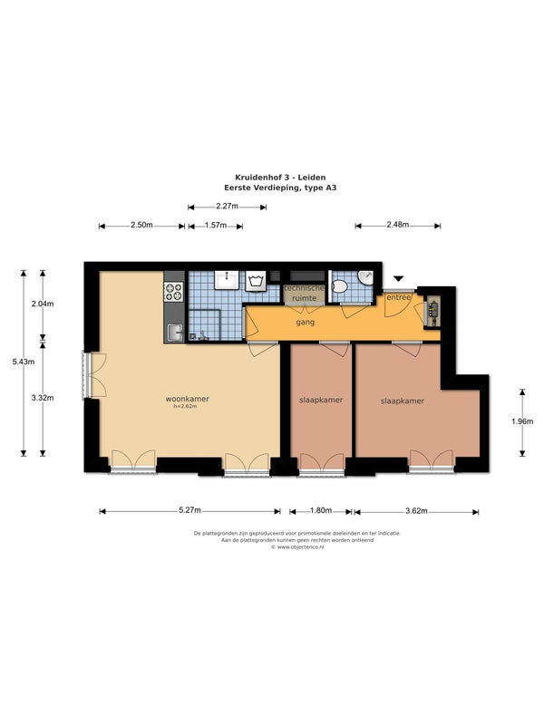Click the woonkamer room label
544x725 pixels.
[x=188, y=399]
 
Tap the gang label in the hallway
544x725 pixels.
[x=306, y=323]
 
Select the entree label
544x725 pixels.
[x=399, y=297]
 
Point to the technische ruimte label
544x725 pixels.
[x=305, y=293]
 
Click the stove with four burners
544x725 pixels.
[x=173, y=292]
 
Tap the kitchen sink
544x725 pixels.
[x=174, y=333]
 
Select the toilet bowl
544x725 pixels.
[x=340, y=286]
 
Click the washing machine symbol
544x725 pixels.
[x=256, y=281]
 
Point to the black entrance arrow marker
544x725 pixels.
[x=399, y=278]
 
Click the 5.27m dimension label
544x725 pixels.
[x=190, y=510]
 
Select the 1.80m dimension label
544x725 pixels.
[x=321, y=510]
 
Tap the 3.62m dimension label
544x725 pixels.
[x=416, y=511]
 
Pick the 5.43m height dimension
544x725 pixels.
[x=24, y=362]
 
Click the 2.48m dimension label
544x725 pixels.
[x=398, y=225]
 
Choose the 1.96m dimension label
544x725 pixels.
[x=522, y=421]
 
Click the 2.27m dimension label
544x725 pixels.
[x=228, y=207]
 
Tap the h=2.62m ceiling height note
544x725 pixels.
[x=185, y=406]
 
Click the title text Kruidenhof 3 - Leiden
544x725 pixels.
[x=280, y=177]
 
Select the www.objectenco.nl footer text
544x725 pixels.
[x=297, y=547]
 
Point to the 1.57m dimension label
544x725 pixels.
[x=216, y=225]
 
